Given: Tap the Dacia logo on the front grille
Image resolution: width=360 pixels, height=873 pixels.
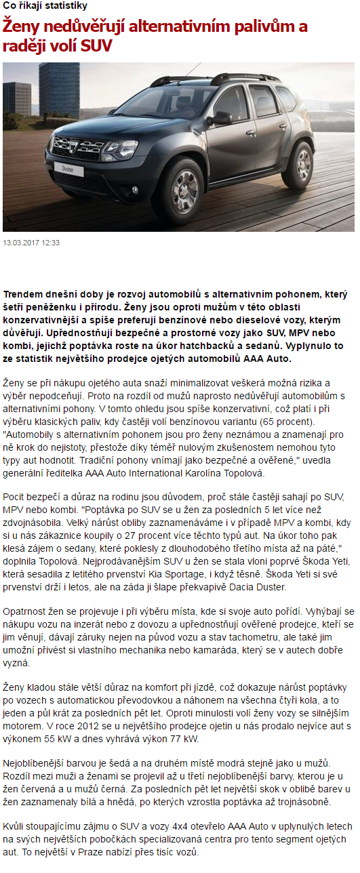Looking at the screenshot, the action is [68, 143].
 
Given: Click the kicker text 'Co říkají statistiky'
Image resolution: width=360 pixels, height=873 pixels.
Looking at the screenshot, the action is [45, 6].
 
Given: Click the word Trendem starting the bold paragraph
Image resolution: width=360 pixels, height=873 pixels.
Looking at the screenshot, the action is [26, 294].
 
